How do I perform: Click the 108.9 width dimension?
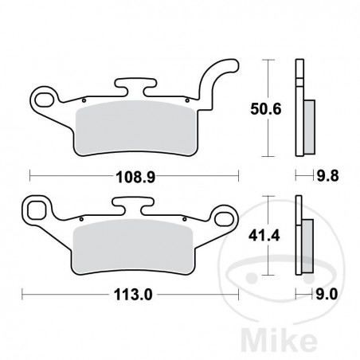pos(134,172)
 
